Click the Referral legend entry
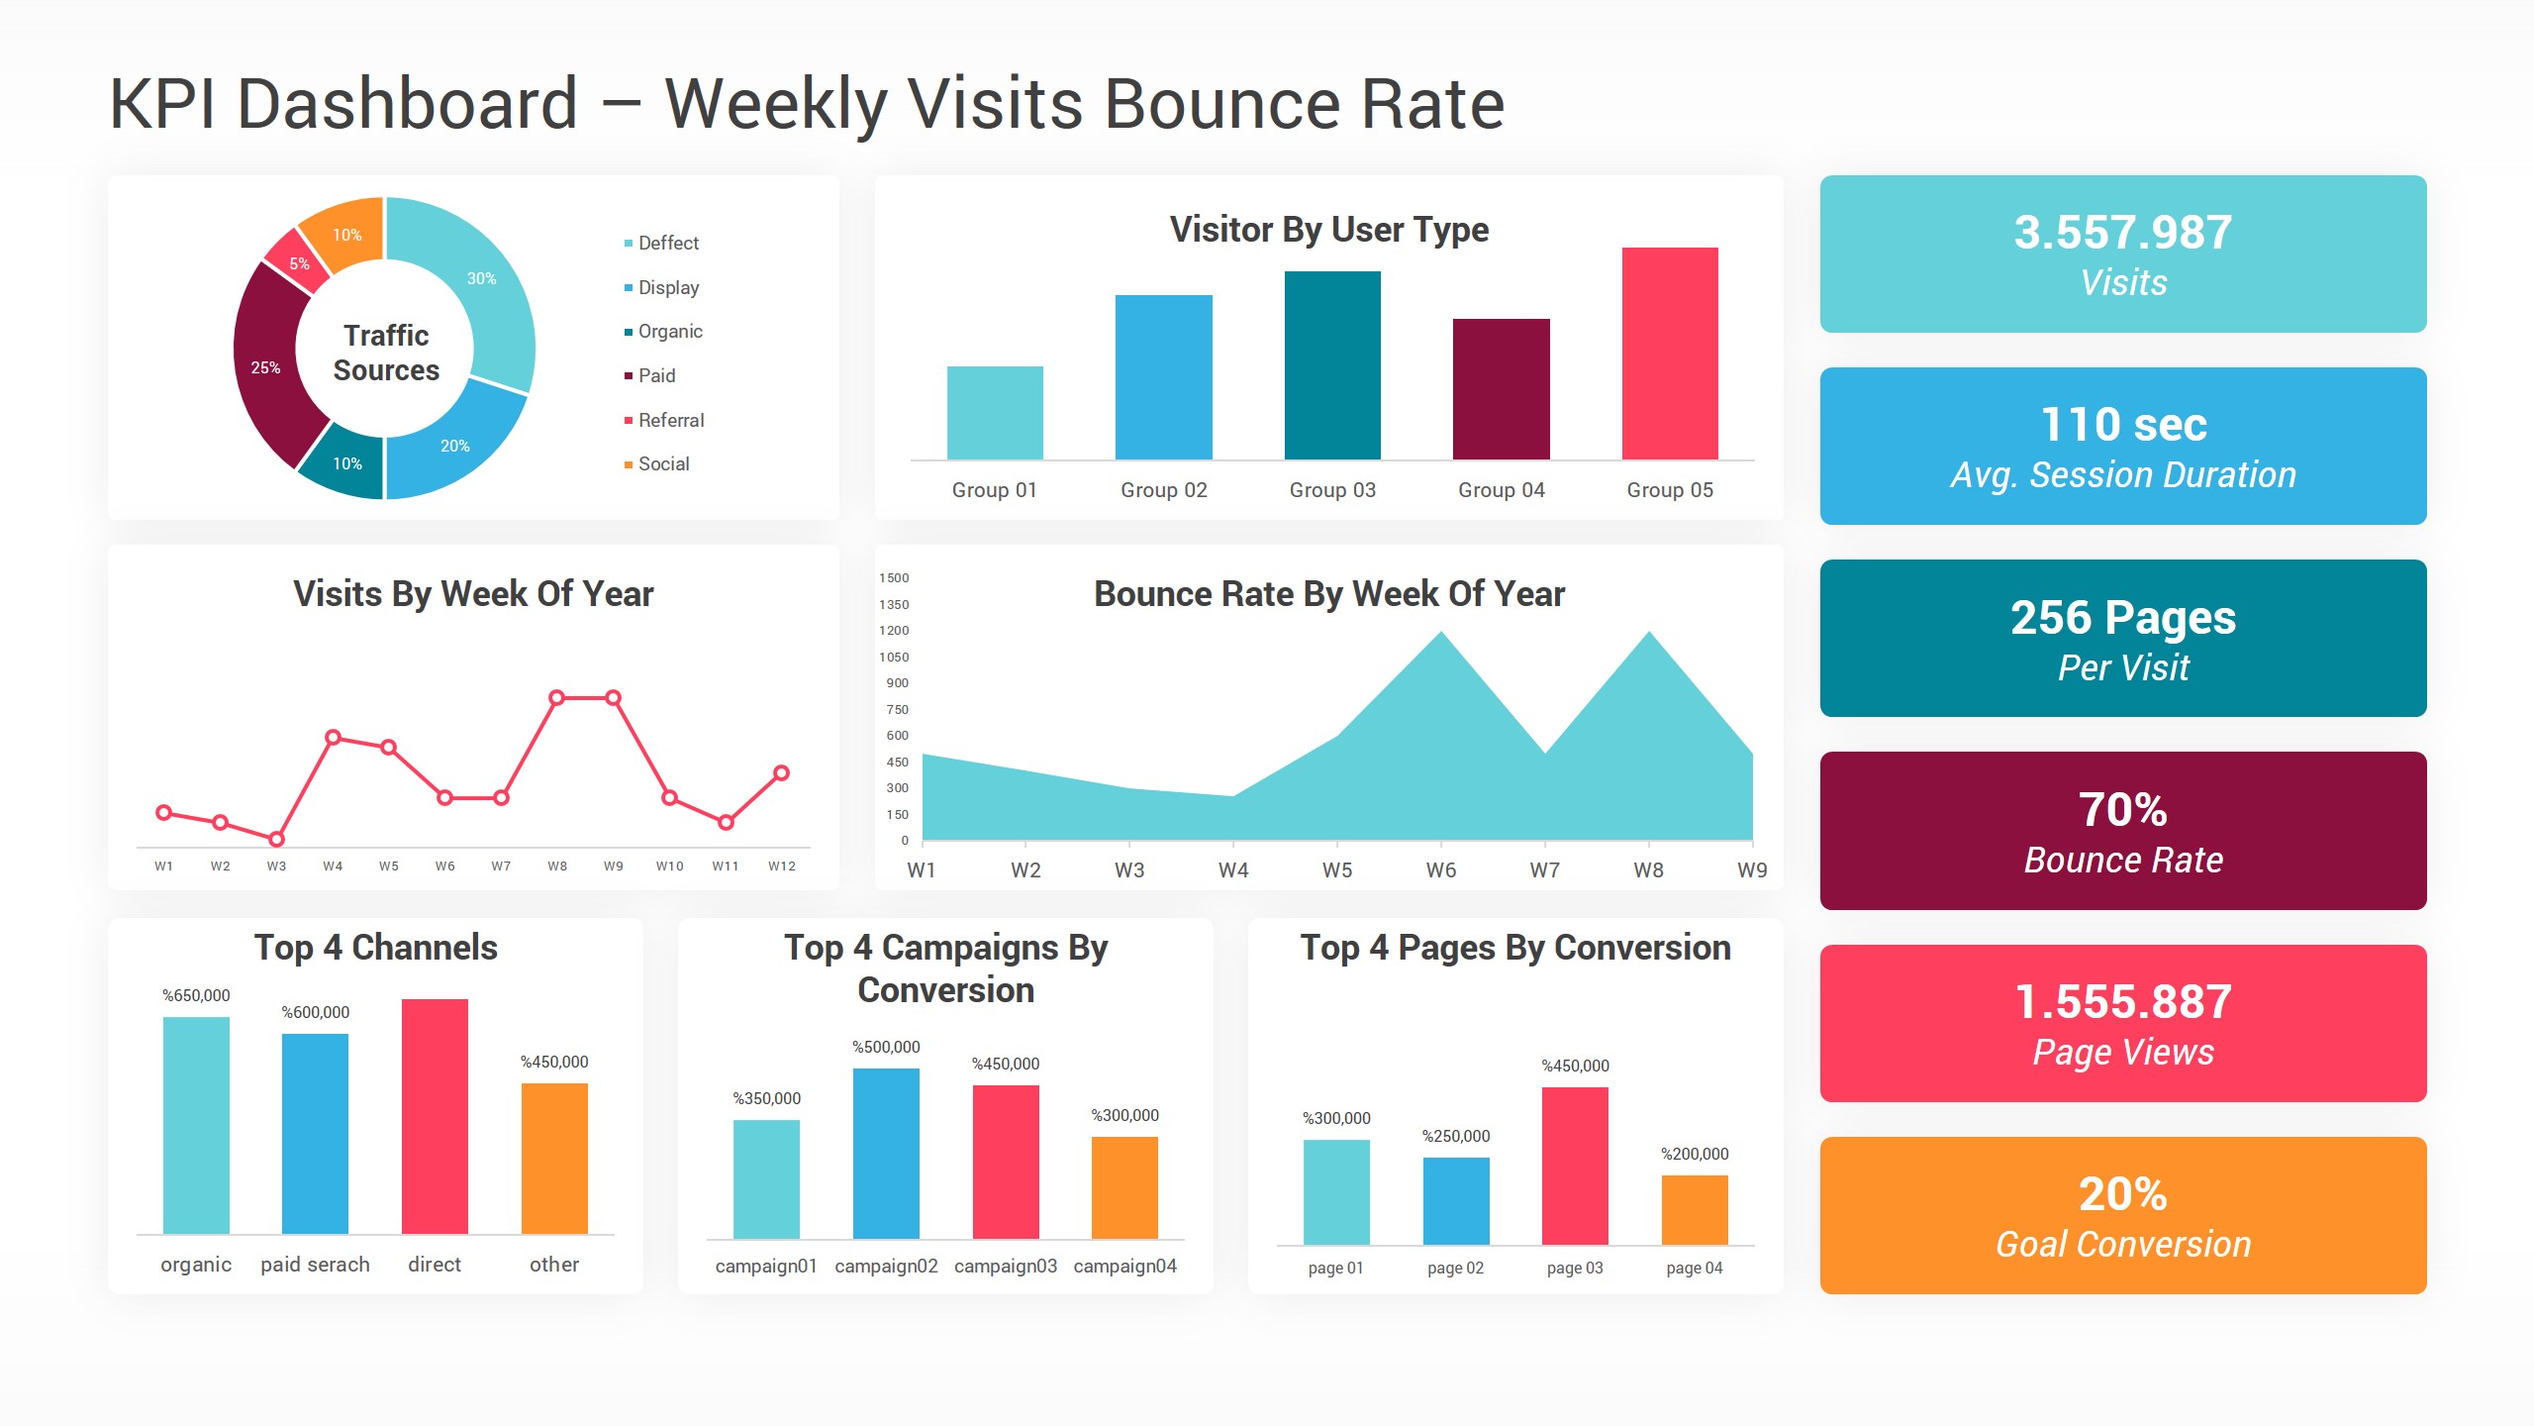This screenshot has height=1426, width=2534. point(670,420)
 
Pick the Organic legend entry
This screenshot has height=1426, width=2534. point(669,331)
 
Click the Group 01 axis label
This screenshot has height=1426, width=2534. point(994,490)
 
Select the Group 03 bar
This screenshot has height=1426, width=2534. point(1331,365)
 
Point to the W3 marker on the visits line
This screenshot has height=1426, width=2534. point(276,839)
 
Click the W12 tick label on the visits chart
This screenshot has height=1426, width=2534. point(781,866)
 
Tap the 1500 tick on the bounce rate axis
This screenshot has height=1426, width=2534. point(894,578)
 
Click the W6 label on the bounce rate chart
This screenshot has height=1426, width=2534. point(1440,870)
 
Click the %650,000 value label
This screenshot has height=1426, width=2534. point(196,995)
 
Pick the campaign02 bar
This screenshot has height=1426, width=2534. point(886,1153)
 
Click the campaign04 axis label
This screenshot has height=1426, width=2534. point(1124,1266)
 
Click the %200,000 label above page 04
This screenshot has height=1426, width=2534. point(1694,1154)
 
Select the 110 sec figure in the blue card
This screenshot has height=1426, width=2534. point(2123,425)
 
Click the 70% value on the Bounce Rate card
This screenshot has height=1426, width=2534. point(2122,810)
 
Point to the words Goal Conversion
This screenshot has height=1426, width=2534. point(2122,1244)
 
